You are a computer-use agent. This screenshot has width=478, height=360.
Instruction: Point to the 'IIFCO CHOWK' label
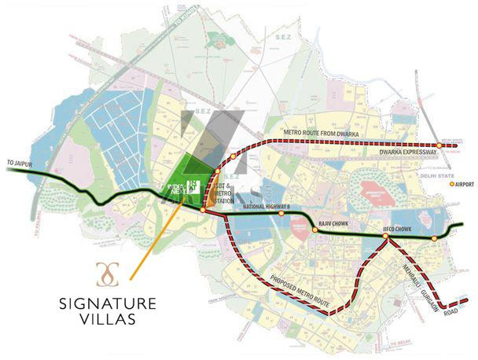[396, 230]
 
